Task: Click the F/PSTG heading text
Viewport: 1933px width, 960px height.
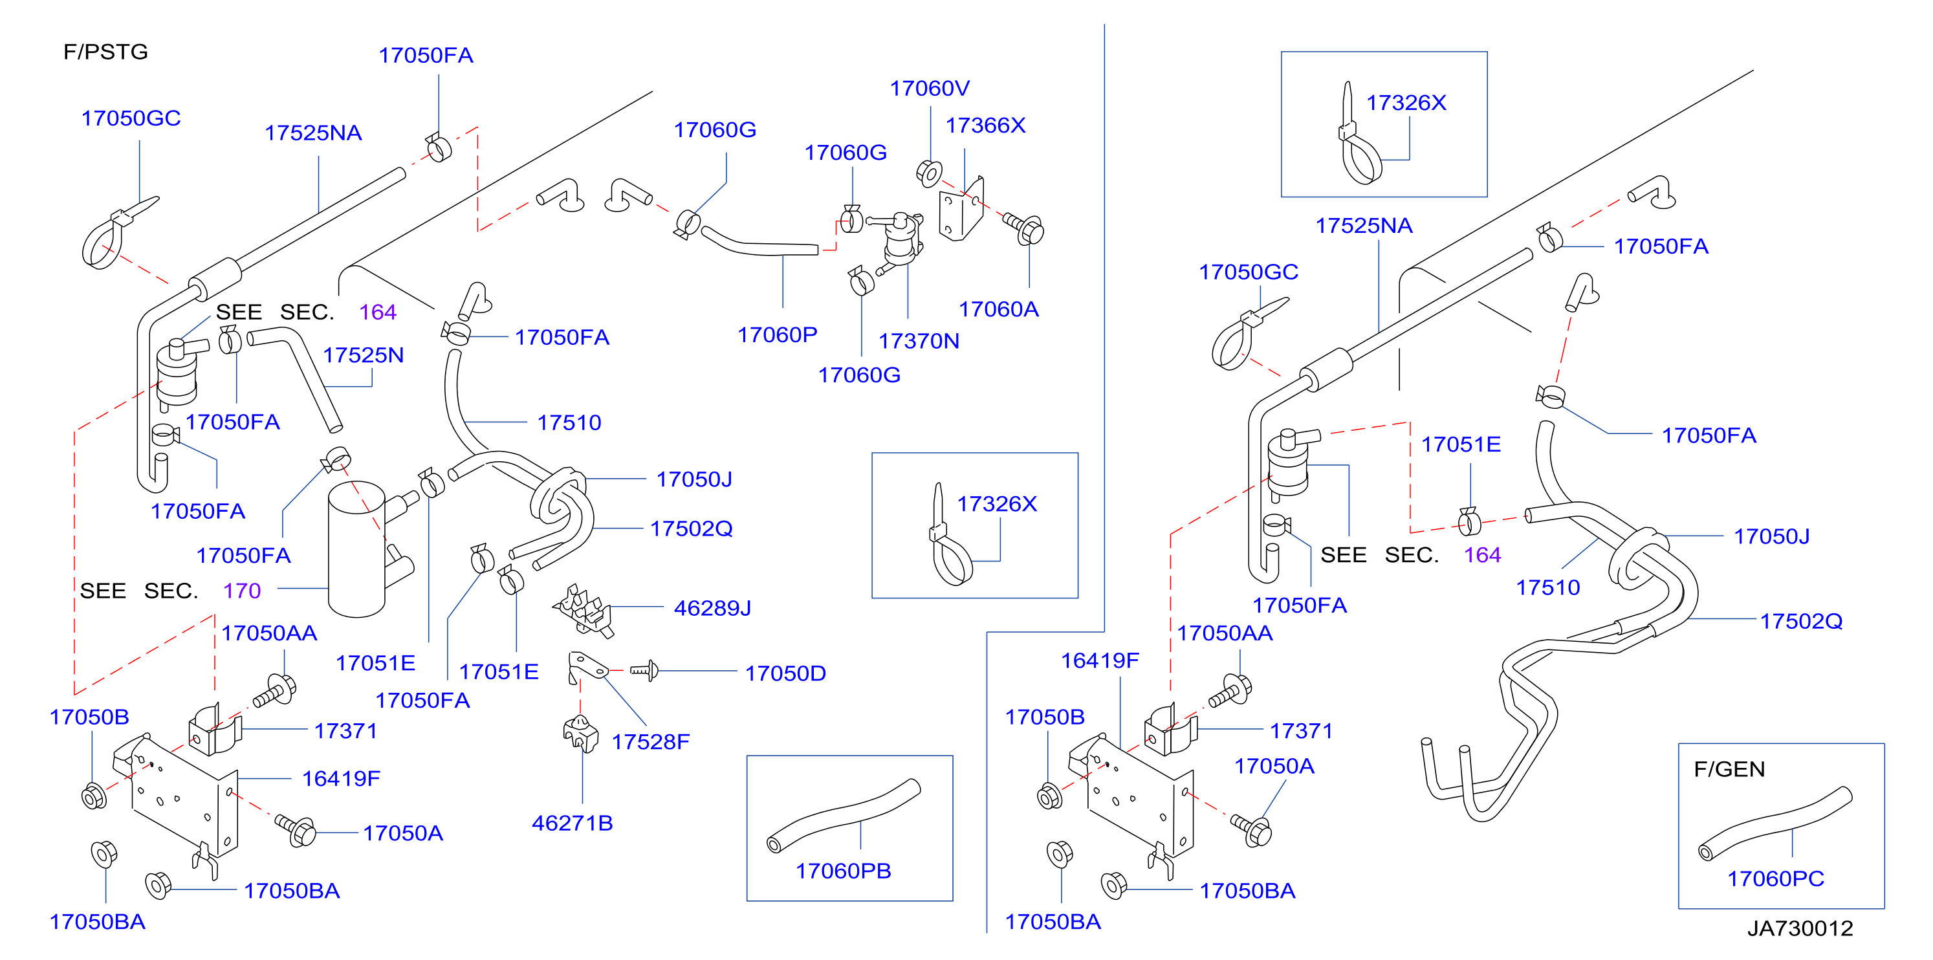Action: coord(106,52)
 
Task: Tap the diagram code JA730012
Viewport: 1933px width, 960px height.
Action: coord(1800,928)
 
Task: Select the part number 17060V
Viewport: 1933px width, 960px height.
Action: coord(930,89)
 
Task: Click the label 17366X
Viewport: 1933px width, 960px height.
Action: coord(985,125)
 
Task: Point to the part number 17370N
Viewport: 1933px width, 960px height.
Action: coord(919,342)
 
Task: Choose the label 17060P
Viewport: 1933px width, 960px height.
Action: coord(778,334)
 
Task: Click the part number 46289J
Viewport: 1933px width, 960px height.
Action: coord(712,608)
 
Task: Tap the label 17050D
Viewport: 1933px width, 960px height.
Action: coord(785,673)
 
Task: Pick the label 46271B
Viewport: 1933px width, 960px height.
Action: coord(573,824)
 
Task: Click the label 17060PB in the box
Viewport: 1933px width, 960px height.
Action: coord(844,871)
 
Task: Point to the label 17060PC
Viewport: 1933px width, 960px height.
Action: coord(1775,878)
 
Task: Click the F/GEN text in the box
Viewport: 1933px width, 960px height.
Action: coord(1730,769)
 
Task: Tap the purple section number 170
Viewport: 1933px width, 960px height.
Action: coord(242,591)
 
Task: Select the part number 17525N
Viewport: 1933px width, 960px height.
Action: coord(363,355)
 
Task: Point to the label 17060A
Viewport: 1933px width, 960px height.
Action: coord(999,309)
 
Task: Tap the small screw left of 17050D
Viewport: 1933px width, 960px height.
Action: coord(644,670)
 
